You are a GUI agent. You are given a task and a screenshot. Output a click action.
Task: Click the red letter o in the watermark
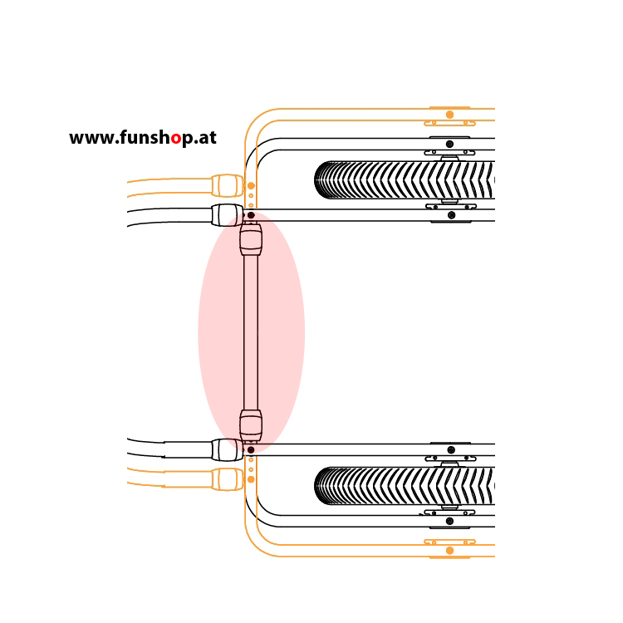pos(175,139)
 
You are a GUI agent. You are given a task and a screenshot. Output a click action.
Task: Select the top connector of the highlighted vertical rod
pos(251,239)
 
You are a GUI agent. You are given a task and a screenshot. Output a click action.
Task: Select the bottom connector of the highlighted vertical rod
pos(251,425)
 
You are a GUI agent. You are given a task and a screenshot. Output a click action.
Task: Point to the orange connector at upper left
pos(228,185)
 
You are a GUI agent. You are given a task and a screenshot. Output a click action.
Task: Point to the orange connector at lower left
pos(228,479)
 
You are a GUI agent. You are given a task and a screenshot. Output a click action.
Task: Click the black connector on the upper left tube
pos(226,215)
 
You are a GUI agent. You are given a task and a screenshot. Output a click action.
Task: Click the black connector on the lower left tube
pos(226,449)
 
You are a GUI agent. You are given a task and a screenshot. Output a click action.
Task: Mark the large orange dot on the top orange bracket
pos(449,115)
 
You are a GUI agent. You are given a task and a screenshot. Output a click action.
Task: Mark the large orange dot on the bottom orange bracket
pos(449,550)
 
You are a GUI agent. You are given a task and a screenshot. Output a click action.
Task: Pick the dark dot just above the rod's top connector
pos(251,215)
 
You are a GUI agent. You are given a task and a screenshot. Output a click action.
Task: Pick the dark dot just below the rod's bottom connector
pos(251,449)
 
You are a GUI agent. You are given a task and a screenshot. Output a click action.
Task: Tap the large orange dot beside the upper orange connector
pos(251,185)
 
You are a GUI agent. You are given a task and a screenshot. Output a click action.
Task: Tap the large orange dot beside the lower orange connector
pos(251,479)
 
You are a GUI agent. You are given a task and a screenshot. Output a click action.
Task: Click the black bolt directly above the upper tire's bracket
pos(449,144)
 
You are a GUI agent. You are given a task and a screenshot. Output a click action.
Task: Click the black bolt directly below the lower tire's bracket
pos(449,521)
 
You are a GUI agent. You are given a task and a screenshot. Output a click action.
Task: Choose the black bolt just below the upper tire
pos(451,215)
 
